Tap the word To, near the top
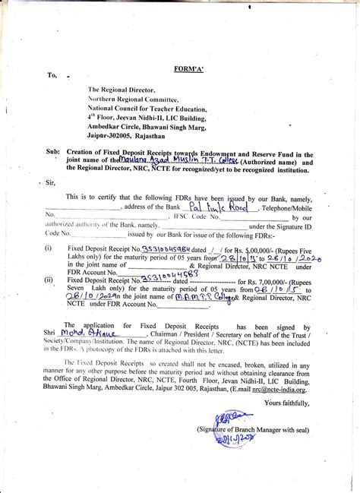pyautogui.click(x=52, y=76)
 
